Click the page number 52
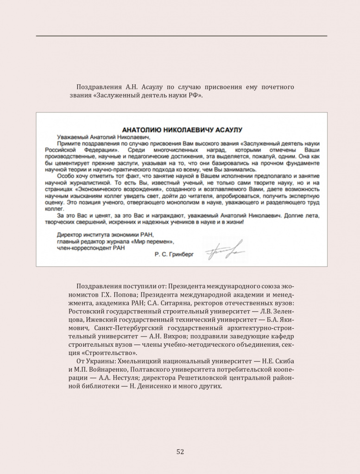180,452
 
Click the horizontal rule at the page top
181,36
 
